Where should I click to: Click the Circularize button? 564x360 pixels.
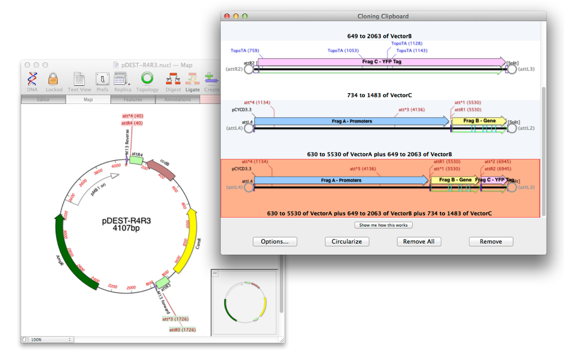pyautogui.click(x=347, y=242)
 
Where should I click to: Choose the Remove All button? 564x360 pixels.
pyautogui.click(x=419, y=242)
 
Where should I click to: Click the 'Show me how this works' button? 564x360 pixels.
pyautogui.click(x=384, y=225)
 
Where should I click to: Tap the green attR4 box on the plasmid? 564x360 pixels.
pyautogui.click(x=136, y=160)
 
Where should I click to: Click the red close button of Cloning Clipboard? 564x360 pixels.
pyautogui.click(x=227, y=16)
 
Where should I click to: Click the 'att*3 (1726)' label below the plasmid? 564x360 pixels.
pyautogui.click(x=176, y=319)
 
